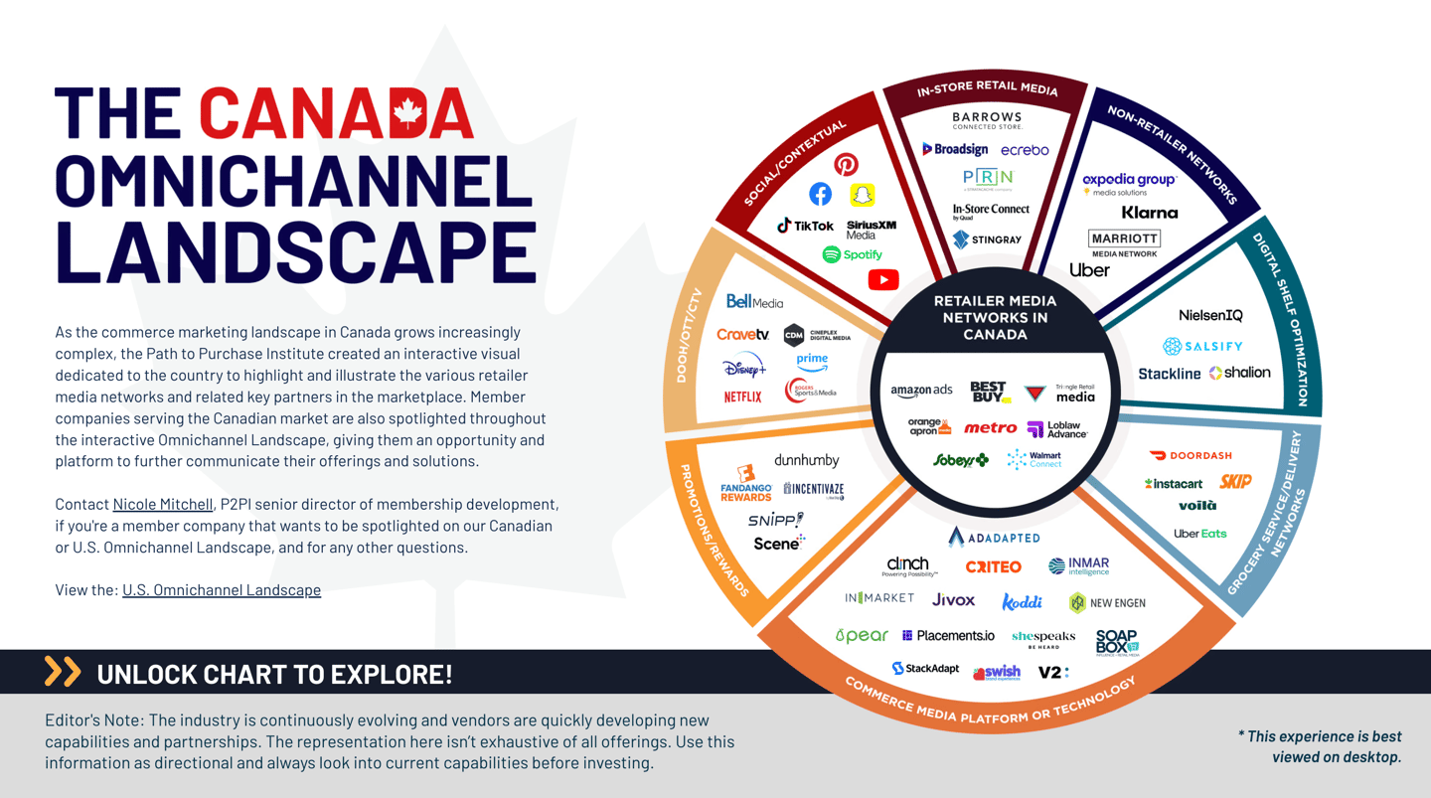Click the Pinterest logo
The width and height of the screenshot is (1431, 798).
(846, 164)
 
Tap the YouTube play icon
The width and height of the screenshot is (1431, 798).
(882, 280)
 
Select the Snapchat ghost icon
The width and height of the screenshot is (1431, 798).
(863, 194)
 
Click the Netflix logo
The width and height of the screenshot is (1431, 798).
(743, 397)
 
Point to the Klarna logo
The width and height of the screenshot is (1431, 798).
(1149, 213)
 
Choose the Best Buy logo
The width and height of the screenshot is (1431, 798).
(989, 392)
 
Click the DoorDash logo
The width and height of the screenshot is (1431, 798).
(1191, 456)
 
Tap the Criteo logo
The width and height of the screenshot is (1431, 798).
(993, 566)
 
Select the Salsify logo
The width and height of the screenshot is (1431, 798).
(1202, 346)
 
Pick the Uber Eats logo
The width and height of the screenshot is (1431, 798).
(1199, 534)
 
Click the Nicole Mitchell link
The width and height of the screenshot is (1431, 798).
(162, 504)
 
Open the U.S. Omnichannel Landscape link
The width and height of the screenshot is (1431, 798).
(222, 589)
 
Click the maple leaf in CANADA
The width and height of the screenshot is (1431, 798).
(408, 112)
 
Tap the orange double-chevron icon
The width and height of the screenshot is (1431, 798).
(62, 672)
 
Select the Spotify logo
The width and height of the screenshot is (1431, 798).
(853, 254)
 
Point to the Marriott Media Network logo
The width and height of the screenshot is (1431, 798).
(1124, 243)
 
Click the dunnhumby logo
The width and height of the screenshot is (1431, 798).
(806, 460)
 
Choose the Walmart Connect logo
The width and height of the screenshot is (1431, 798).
(1034, 459)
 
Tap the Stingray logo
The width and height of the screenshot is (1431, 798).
(987, 239)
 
